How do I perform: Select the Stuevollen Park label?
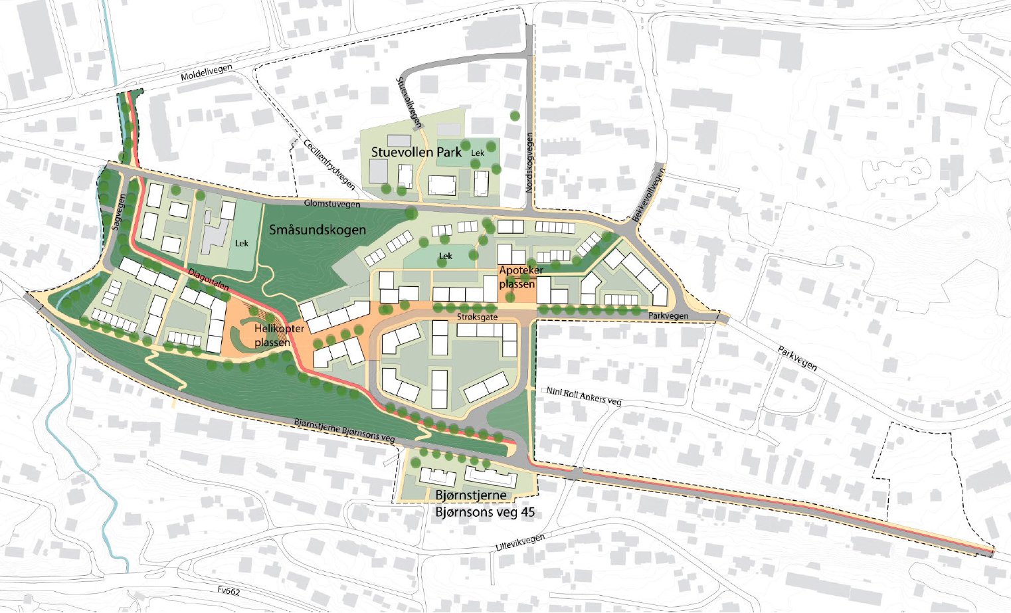pyautogui.click(x=416, y=152)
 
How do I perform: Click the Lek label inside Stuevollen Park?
pyautogui.click(x=478, y=153)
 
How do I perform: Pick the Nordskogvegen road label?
pyautogui.click(x=529, y=163)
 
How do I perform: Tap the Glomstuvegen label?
pyautogui.click(x=333, y=204)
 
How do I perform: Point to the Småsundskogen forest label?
pyautogui.click(x=318, y=230)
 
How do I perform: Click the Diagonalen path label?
pyautogui.click(x=209, y=281)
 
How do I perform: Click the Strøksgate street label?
pyautogui.click(x=477, y=318)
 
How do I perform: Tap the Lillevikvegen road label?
pyautogui.click(x=519, y=543)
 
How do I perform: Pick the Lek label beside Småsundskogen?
pyautogui.click(x=242, y=243)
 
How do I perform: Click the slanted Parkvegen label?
pyautogui.click(x=797, y=358)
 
